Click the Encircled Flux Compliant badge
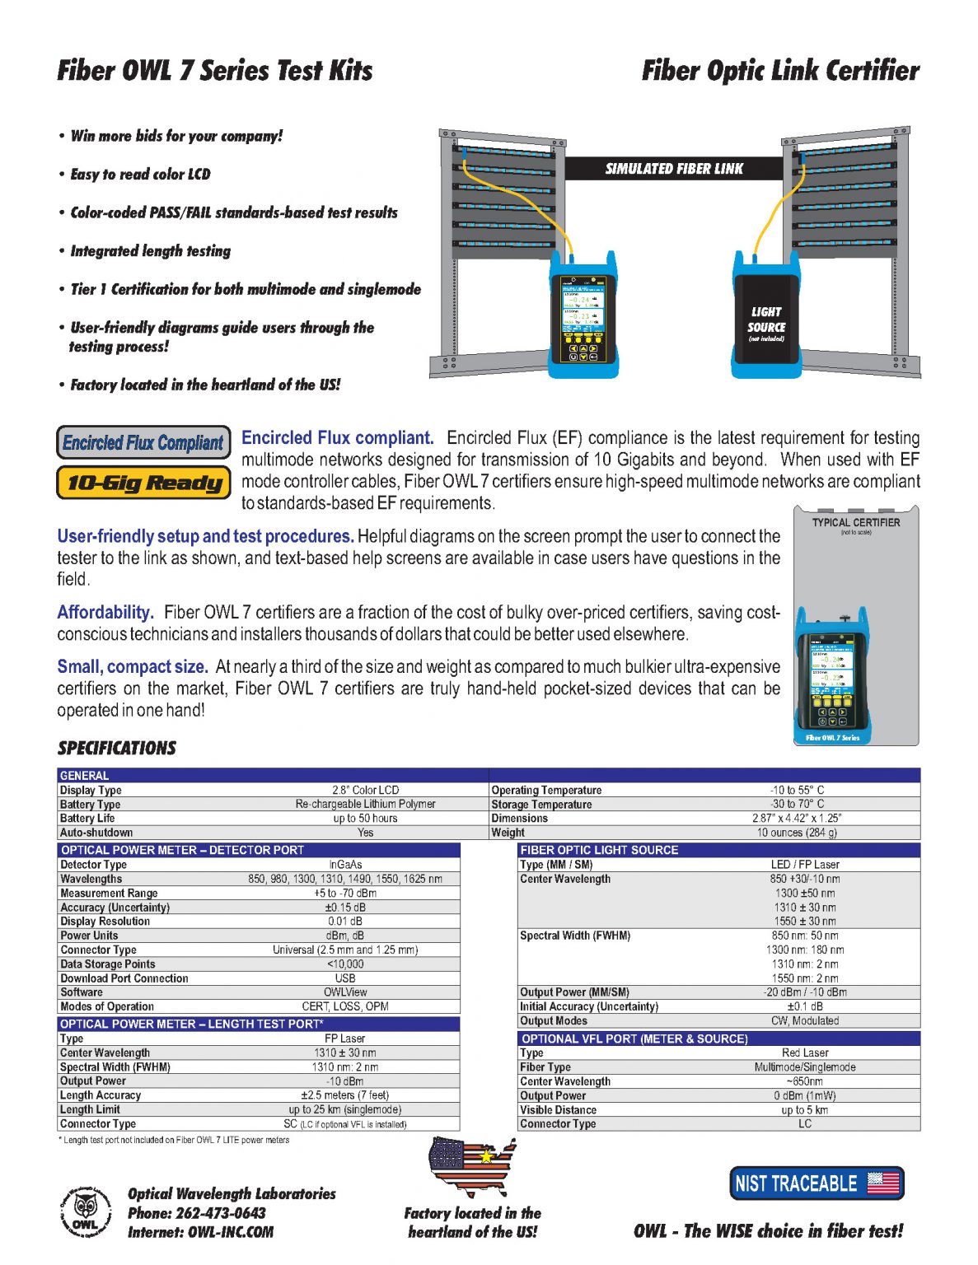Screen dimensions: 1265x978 (143, 442)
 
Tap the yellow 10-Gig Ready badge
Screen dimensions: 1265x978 (143, 483)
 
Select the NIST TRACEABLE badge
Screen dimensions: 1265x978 (817, 1183)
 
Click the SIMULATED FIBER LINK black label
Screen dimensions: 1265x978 (674, 169)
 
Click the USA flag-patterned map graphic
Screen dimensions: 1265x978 (472, 1167)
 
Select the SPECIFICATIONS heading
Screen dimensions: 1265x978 (116, 748)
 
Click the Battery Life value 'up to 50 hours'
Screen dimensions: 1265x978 (365, 819)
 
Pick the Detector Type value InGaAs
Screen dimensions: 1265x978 (345, 865)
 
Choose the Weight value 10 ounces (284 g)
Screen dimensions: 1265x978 (797, 833)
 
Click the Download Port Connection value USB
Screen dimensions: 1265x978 (345, 978)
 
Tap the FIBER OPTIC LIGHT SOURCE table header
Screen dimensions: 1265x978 (599, 850)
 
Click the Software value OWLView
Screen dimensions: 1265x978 (345, 992)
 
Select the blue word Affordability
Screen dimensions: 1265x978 (105, 612)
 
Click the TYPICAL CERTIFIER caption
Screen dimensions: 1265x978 (856, 522)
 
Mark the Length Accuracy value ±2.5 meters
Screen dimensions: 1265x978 (344, 1095)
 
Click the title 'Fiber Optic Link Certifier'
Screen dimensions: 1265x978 (780, 71)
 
